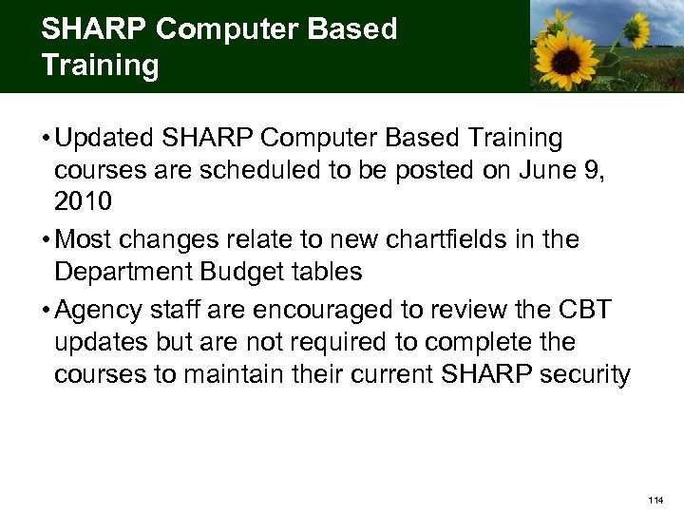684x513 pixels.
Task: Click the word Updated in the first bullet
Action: click(105, 139)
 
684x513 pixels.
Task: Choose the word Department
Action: click(123, 272)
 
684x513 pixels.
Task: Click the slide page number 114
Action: click(655, 500)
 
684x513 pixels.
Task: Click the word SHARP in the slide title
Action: click(93, 29)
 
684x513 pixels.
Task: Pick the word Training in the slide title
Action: click(100, 66)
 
